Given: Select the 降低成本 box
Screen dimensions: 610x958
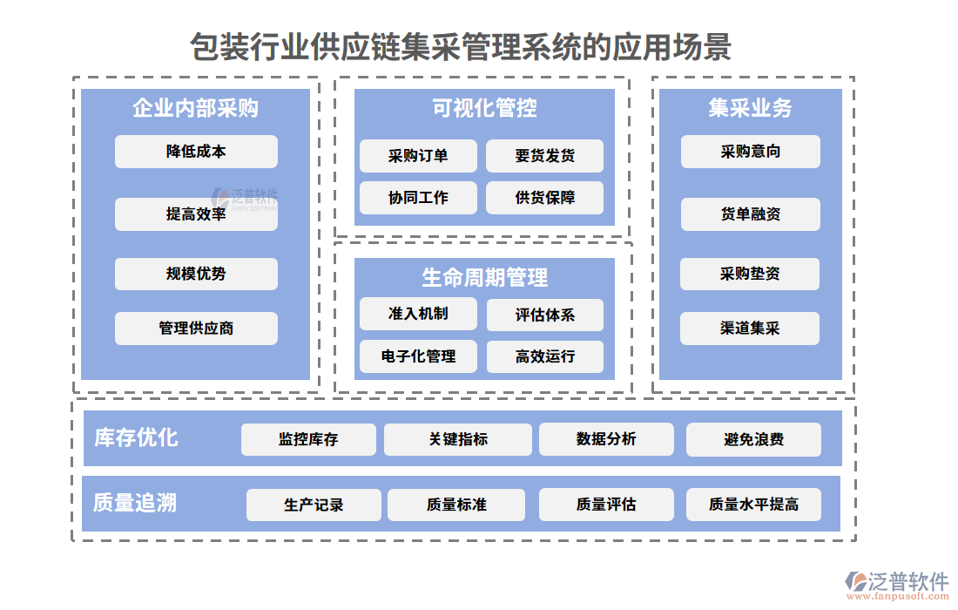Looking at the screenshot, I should point(196,152).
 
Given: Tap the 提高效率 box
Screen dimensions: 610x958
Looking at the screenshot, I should point(196,214).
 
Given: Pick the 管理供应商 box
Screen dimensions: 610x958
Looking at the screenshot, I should point(196,329).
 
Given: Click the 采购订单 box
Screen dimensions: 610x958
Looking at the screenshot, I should point(418,156).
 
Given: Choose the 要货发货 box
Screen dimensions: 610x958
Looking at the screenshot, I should point(544,156).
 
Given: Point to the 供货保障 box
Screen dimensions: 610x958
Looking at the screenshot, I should point(544,198).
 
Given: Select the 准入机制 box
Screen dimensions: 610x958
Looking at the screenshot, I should point(418,314).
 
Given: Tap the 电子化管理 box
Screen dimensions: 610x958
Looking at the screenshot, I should point(418,356).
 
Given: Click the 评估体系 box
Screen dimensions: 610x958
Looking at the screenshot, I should point(544,315).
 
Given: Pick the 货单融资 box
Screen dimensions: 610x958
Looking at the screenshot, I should point(750,214).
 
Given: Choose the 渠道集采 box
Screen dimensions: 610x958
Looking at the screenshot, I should point(750,329).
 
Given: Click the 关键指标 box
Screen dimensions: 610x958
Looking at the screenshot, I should point(458,439).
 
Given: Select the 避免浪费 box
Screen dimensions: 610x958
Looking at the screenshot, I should point(753,439).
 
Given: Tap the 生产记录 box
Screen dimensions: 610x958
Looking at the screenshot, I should point(314,505).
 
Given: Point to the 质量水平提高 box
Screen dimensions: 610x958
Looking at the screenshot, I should point(753,505).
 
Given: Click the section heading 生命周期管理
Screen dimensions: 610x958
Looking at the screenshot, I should point(484,278).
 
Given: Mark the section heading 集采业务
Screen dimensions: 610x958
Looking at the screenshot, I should point(750,108).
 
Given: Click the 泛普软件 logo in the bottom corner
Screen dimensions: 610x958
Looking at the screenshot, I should point(897,584).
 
